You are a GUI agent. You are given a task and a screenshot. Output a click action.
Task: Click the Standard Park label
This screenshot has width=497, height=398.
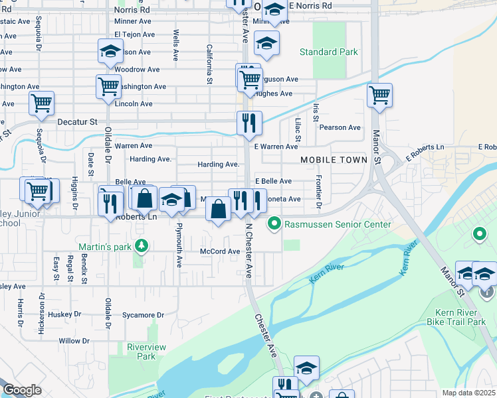pyautogui.click(x=328, y=52)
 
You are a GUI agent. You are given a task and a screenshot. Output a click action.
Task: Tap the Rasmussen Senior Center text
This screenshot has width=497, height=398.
pyautogui.click(x=338, y=224)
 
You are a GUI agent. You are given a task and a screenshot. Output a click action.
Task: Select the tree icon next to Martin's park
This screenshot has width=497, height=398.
pyautogui.click(x=141, y=247)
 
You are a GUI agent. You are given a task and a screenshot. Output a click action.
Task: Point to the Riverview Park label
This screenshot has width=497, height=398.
pyautogui.click(x=141, y=352)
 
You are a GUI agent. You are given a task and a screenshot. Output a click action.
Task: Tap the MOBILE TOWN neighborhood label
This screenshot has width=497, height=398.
pyautogui.click(x=334, y=161)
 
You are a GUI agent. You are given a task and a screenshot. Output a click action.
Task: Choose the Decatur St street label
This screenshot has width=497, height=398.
pyautogui.click(x=80, y=122)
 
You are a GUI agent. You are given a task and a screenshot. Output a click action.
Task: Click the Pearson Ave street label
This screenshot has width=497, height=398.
pyautogui.click(x=340, y=127)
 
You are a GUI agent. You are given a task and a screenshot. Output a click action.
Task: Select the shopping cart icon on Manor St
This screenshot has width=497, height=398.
pyautogui.click(x=379, y=94)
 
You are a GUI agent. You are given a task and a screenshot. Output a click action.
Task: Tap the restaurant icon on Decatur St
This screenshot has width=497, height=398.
pyautogui.click(x=249, y=122)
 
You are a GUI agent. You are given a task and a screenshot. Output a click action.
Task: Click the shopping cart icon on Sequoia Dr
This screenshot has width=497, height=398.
pyautogui.click(x=41, y=103)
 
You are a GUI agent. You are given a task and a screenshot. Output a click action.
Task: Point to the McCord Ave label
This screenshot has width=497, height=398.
pyautogui.click(x=220, y=251)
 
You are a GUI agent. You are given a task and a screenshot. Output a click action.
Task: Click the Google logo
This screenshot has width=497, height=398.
pyautogui.click(x=22, y=390)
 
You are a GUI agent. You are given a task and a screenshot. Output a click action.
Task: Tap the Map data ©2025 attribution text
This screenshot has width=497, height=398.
pyautogui.click(x=468, y=393)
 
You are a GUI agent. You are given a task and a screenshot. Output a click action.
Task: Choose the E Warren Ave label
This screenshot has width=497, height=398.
pyautogui.click(x=275, y=147)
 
